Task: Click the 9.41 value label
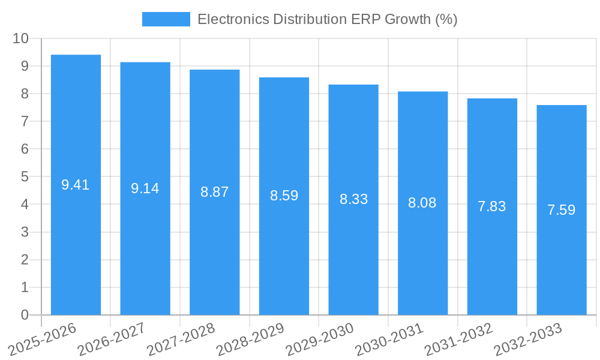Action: point(76,185)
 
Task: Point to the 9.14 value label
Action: point(145,188)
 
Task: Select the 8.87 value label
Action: point(215,192)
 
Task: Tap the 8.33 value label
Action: point(353,199)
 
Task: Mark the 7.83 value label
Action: point(492,206)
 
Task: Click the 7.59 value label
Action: point(562,210)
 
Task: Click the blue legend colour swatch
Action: point(166,19)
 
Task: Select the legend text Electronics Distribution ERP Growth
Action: point(327,19)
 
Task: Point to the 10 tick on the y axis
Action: point(21,38)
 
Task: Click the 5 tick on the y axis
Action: point(25,176)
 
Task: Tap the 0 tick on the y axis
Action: point(25,315)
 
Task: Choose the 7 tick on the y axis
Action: point(25,121)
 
